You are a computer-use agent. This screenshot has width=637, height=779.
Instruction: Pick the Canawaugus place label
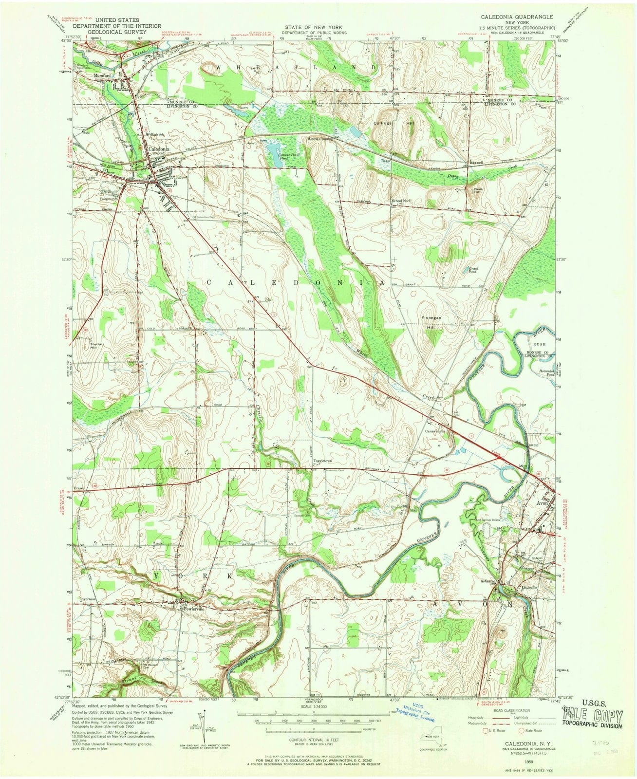(436, 431)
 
